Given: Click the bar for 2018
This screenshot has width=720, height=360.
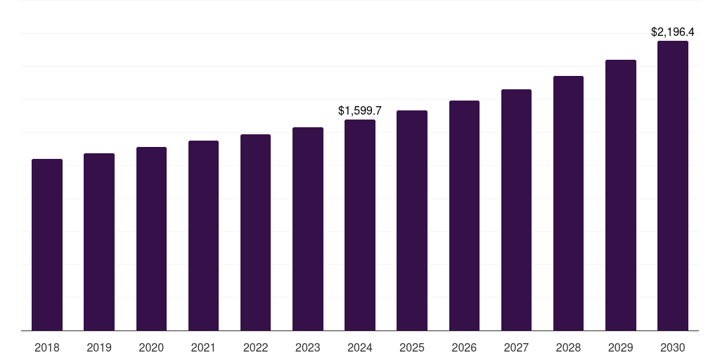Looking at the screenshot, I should (x=47, y=245).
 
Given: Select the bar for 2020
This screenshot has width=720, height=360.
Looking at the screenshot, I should (x=151, y=238).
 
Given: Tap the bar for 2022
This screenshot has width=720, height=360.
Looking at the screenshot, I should (x=255, y=232).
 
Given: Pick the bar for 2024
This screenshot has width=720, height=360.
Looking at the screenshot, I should (x=360, y=225).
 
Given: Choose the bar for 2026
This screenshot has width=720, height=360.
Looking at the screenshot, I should (x=464, y=215).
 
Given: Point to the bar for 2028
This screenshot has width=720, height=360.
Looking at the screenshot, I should (x=568, y=203).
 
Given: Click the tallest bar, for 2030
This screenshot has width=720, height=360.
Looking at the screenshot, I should (x=673, y=186).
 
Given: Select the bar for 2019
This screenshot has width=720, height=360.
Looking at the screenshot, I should (x=99, y=242).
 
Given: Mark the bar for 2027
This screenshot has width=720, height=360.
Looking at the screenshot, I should (x=516, y=210).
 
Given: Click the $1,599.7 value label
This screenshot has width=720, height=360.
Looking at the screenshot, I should (x=360, y=111).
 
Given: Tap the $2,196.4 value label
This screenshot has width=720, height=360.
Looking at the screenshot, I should (x=673, y=32).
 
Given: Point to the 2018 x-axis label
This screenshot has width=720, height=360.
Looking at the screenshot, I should (x=47, y=347).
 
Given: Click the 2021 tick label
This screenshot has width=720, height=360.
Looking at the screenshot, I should (x=203, y=347).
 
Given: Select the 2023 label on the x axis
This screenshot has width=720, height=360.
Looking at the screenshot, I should (x=308, y=347).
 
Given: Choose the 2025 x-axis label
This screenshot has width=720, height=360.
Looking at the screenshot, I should (x=412, y=347).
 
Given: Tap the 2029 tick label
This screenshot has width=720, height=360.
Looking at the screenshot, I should (x=621, y=347).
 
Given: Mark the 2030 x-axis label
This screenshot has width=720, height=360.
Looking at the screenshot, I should (x=673, y=347).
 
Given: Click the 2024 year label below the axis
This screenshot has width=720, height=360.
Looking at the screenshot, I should (x=360, y=347).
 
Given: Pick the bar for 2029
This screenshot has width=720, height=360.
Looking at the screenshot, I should (x=621, y=195).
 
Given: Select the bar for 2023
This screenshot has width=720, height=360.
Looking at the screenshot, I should (x=308, y=229).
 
